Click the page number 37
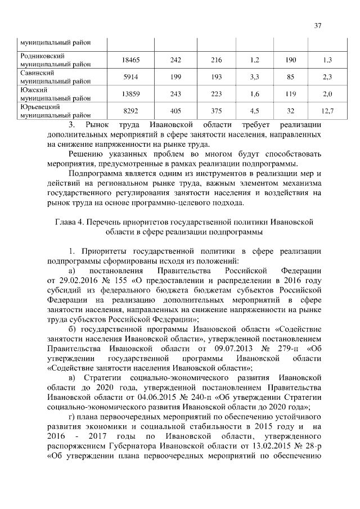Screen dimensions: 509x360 [x=318, y=25]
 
